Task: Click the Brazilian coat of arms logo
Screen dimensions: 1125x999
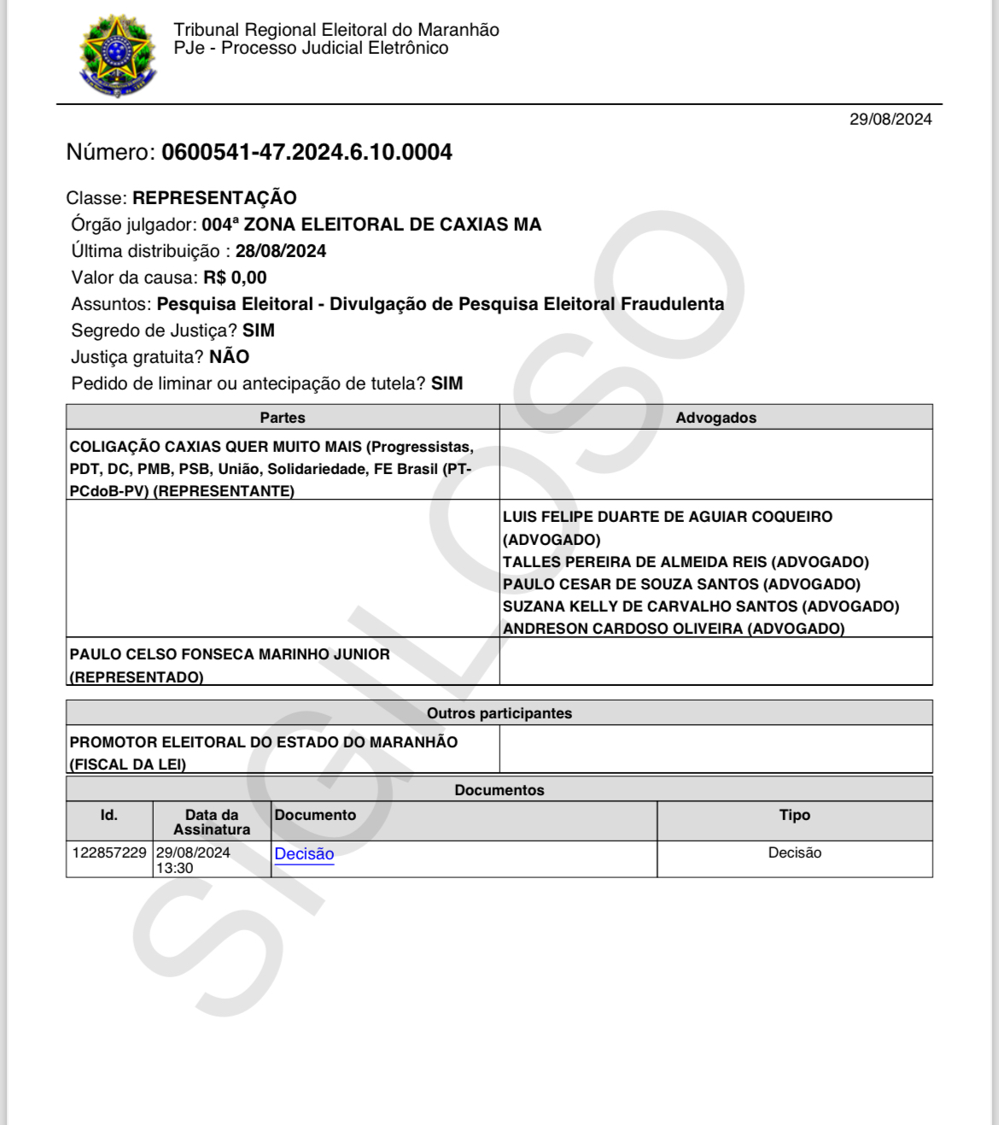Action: pos(118,55)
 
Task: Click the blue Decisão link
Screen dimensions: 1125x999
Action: pos(304,853)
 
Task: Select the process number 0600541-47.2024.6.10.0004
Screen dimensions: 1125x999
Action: pos(307,152)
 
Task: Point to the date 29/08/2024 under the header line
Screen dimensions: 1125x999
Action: pos(890,120)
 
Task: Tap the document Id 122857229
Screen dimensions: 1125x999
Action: pos(109,853)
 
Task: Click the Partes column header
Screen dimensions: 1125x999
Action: pos(283,418)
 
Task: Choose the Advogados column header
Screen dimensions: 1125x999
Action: pos(716,418)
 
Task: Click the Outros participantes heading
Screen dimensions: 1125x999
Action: pos(499,713)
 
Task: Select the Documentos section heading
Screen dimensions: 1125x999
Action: pos(499,790)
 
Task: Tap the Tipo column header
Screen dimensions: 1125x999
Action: pos(794,815)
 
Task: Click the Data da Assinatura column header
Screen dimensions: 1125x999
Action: pos(212,822)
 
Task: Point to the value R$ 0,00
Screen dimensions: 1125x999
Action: pos(235,278)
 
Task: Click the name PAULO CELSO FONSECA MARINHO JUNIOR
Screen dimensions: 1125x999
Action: pos(230,654)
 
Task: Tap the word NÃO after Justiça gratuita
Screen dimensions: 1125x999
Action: pos(229,357)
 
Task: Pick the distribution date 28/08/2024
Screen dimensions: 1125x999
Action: pos(281,251)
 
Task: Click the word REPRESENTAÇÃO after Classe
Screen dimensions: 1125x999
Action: pos(214,198)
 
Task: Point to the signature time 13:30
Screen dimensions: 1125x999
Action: pos(174,868)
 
